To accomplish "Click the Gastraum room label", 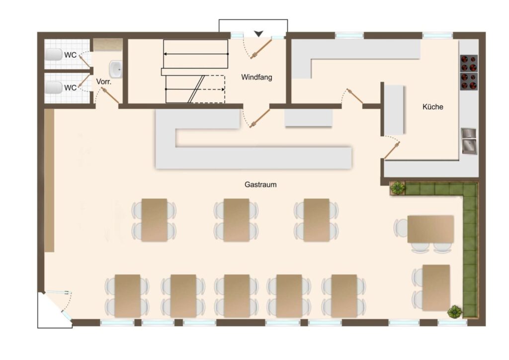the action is (x=260, y=184).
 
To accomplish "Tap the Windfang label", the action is (x=256, y=77).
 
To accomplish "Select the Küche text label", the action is (x=433, y=107).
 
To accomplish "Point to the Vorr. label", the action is (x=104, y=82).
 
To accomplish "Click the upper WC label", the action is (x=70, y=55).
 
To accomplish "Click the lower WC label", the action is (x=70, y=88).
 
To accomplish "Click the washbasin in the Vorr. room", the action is (x=115, y=69).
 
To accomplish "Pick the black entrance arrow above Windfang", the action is (x=258, y=33).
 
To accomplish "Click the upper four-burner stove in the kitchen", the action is (x=469, y=63).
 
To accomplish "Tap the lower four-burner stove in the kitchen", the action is (x=469, y=81).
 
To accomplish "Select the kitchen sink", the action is (x=469, y=141).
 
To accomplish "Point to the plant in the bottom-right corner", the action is (x=455, y=312).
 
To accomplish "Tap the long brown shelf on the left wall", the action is (x=49, y=180).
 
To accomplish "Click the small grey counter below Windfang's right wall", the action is (x=309, y=117).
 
